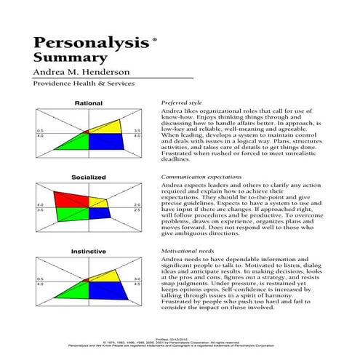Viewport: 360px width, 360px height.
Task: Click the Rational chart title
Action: click(89, 103)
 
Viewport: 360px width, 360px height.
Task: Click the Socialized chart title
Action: click(89, 177)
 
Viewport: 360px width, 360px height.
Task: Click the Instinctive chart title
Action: click(89, 251)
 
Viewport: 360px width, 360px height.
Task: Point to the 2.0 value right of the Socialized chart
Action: click(136, 204)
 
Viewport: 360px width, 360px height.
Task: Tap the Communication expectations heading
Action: click(204, 177)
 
